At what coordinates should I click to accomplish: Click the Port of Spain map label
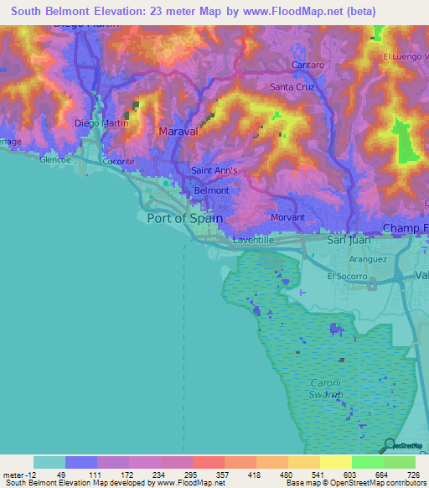point(184,218)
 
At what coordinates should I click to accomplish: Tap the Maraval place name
point(177,132)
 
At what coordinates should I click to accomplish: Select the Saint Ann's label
point(215,170)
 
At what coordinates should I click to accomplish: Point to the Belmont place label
point(211,190)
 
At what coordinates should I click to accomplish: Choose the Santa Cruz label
point(292,86)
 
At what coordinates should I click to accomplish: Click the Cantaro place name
point(307,65)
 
